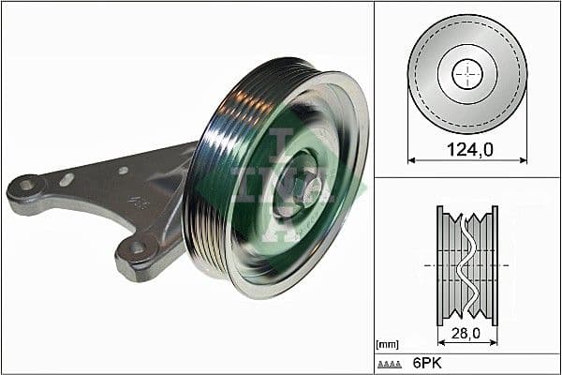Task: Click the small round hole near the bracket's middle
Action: click(x=123, y=171)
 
